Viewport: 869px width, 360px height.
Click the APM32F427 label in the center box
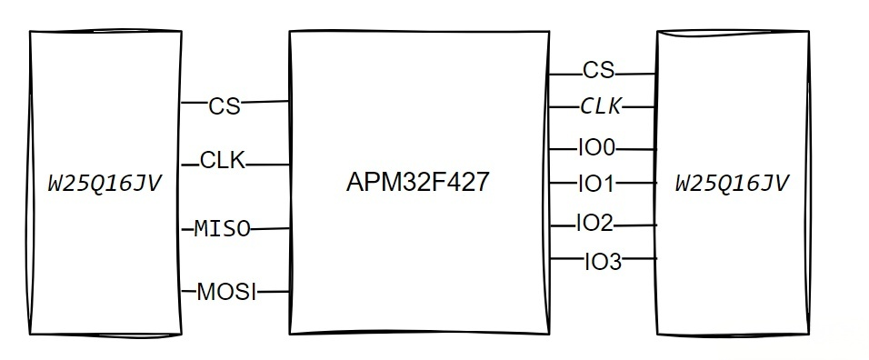tap(418, 183)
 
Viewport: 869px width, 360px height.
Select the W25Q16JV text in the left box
tap(105, 184)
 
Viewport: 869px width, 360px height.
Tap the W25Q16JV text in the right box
tap(731, 184)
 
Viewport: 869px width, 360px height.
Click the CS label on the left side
tap(225, 106)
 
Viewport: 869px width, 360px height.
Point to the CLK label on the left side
tap(223, 162)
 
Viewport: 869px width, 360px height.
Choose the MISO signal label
tap(222, 229)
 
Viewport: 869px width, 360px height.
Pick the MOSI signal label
tap(226, 292)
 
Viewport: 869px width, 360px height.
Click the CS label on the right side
tap(598, 70)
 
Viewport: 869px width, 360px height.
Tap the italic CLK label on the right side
tap(601, 107)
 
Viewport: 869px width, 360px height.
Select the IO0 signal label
tap(596, 146)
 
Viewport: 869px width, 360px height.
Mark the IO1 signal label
tap(596, 185)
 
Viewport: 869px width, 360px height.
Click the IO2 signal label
tap(594, 223)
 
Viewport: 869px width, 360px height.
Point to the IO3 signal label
tap(603, 262)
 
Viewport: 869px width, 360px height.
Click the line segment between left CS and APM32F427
tap(265, 102)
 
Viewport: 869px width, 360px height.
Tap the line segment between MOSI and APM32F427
tap(273, 292)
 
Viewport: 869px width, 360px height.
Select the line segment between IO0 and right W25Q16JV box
tap(635, 147)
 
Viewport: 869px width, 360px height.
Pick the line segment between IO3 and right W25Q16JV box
tap(639, 260)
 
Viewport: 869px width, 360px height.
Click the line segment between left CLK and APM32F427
tap(267, 165)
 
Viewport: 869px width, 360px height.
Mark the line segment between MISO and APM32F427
tap(270, 229)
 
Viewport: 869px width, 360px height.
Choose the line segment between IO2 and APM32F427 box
tap(562, 223)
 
